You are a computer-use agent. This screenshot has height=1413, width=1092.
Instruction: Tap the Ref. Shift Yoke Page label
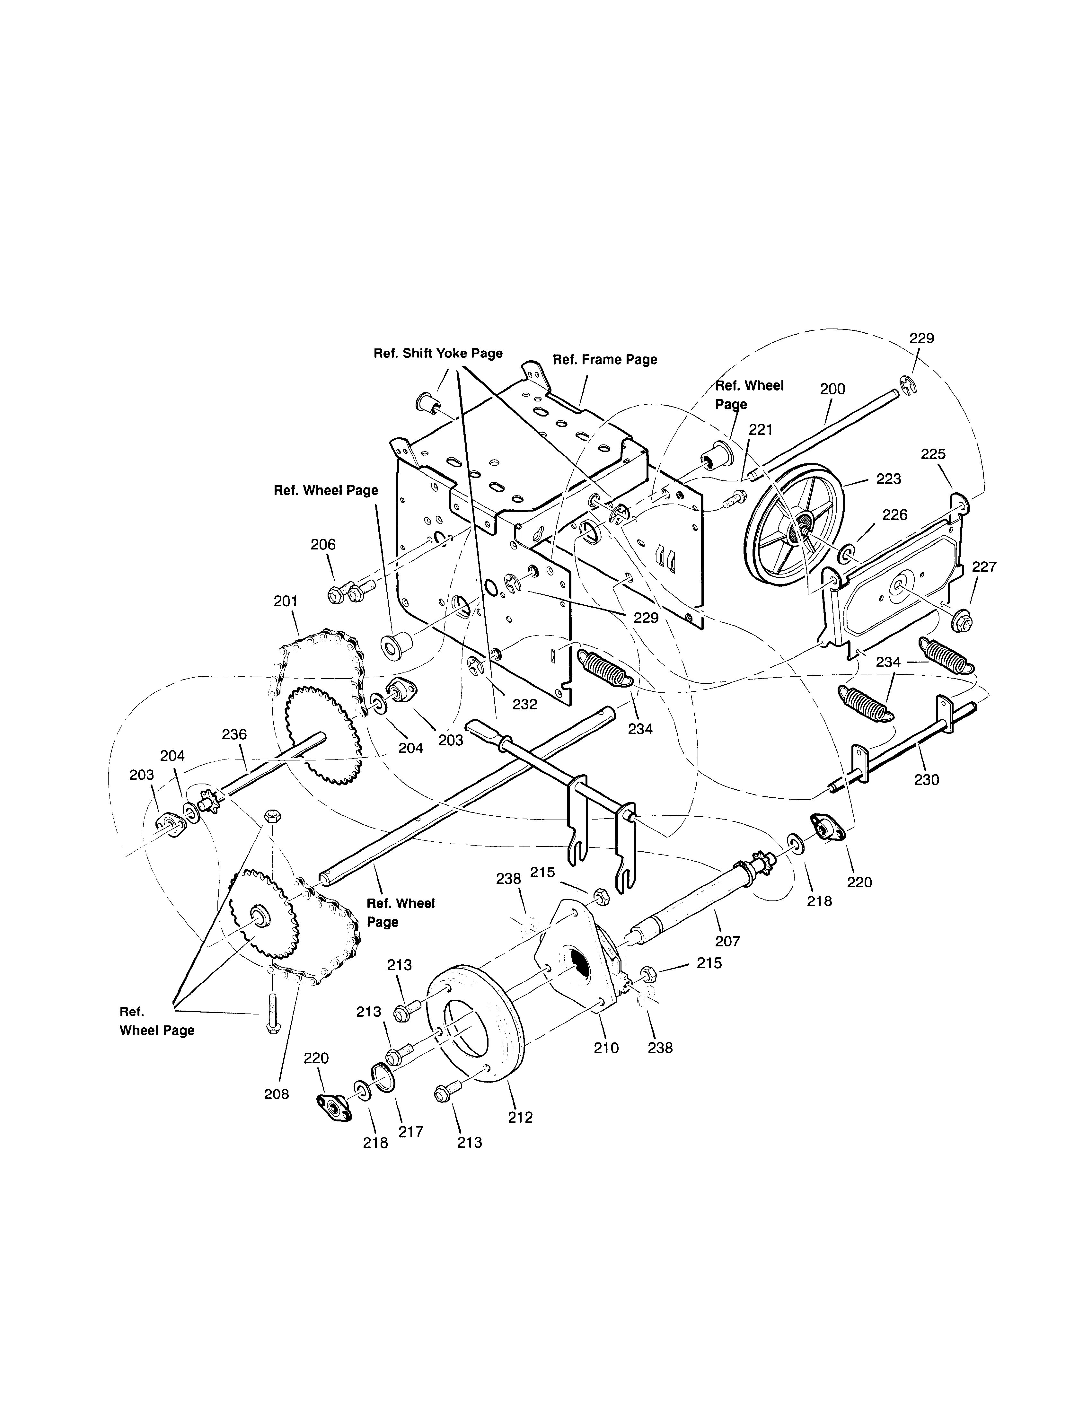tap(438, 353)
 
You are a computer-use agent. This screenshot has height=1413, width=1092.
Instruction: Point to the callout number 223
tap(888, 479)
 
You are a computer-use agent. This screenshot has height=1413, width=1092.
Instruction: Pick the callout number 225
tap(933, 454)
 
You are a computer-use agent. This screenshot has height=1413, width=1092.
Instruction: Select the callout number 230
tap(926, 780)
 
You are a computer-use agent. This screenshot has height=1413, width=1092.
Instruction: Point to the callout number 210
tap(606, 1048)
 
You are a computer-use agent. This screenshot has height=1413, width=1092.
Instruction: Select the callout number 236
tap(234, 734)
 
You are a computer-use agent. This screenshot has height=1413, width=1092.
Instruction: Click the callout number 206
tap(323, 545)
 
